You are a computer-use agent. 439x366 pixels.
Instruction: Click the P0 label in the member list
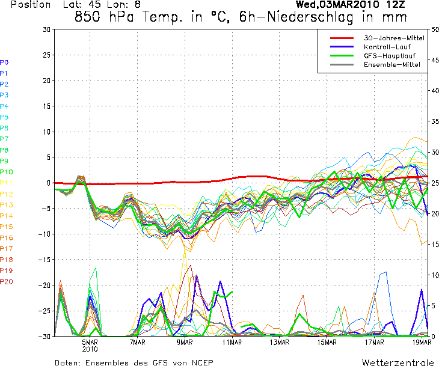coord(4,62)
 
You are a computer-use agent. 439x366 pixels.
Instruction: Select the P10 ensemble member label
coord(6,172)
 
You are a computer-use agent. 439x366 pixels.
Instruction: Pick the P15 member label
coord(6,227)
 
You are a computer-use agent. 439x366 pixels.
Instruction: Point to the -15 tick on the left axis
coord(45,260)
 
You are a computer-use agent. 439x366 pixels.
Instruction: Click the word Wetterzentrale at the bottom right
coord(398,362)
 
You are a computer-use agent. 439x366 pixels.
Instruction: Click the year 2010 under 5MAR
coord(90,349)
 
